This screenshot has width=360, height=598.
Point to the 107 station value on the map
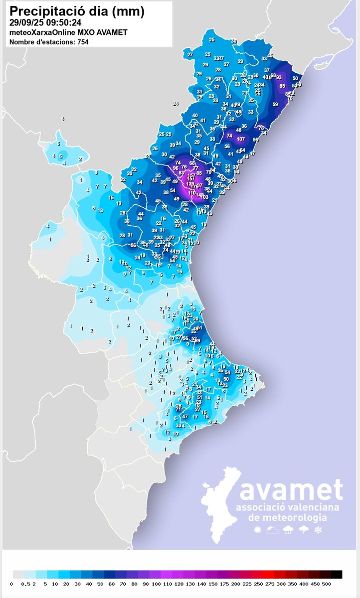coord(241,139)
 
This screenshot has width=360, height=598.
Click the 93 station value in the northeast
coord(279,77)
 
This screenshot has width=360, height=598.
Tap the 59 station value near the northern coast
coord(275,104)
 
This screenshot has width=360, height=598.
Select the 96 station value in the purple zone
coord(175,168)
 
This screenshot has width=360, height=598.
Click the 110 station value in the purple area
coord(192,192)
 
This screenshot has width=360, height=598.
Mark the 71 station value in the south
coord(178,409)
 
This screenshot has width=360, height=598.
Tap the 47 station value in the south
coord(184,416)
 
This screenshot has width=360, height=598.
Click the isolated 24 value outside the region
coord(176,104)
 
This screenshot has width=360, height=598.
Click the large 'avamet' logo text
coord(291,490)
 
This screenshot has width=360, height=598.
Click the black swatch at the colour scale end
coord(338,574)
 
